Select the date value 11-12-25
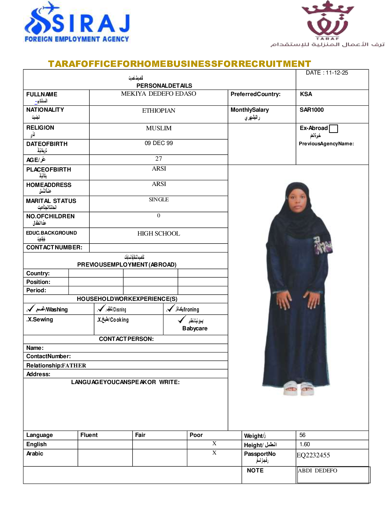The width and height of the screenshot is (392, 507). pos(337,73)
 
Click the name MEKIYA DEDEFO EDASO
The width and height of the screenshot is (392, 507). pos(159,94)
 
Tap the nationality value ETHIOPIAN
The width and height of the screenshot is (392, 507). pos(159,111)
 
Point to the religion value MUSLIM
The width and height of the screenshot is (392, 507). pos(159,128)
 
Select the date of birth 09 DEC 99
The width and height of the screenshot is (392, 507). pos(159,143)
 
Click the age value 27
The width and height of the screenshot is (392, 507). pos(159,159)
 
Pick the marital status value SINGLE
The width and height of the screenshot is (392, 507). pos(159,200)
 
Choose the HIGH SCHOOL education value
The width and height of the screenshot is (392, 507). pos(159,234)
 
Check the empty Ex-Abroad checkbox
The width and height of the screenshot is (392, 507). pos(333,129)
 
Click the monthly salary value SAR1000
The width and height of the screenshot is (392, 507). pos(312,110)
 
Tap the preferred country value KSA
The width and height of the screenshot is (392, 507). pos(306,94)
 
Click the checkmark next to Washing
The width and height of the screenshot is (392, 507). pos(31,309)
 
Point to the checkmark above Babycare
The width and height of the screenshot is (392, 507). pos(182,319)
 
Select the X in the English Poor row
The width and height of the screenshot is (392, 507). pos(214,443)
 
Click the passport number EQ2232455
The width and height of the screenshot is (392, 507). pos(313,455)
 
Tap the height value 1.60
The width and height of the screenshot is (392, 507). pos(305,444)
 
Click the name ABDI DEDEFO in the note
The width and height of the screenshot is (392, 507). pos(317,471)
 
